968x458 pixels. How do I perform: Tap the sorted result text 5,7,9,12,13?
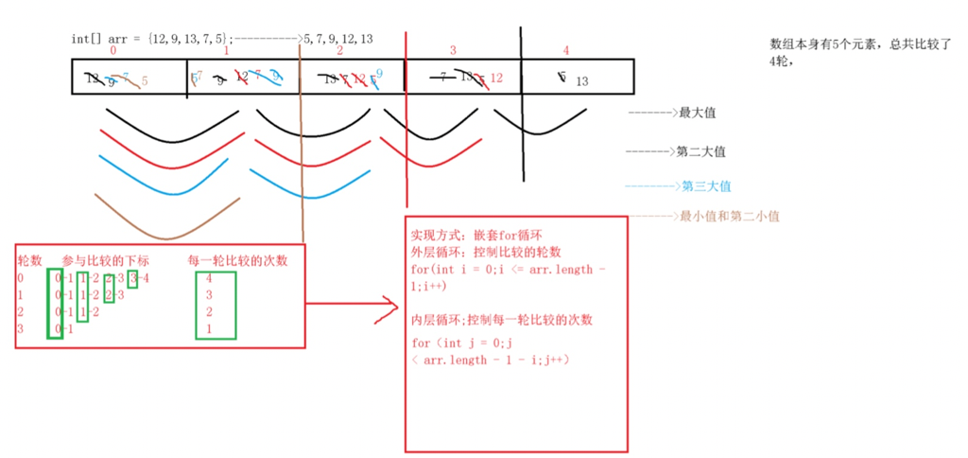(337, 39)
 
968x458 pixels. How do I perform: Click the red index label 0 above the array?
(113, 50)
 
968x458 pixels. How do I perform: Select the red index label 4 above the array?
(566, 50)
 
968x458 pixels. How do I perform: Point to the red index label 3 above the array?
(453, 50)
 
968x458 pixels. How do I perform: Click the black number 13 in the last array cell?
(581, 82)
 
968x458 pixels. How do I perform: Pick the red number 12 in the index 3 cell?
(496, 79)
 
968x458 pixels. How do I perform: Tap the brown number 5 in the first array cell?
(145, 81)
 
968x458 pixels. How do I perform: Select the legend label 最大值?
(697, 113)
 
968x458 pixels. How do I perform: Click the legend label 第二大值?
(700, 151)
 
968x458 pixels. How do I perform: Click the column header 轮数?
(31, 260)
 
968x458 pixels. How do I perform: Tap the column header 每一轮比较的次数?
(237, 260)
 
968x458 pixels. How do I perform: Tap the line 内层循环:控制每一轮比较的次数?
(502, 320)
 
